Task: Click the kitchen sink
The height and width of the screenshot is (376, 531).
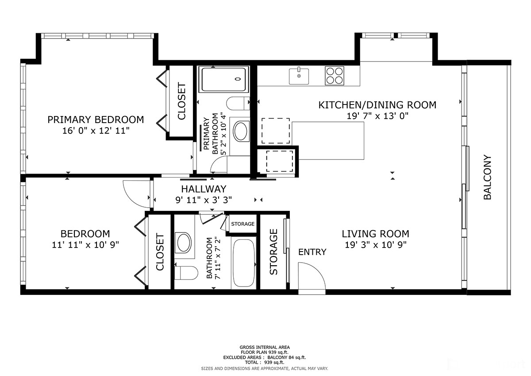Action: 299,76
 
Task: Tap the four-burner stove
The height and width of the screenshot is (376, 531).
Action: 334,76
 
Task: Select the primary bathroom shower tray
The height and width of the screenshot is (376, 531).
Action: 224,79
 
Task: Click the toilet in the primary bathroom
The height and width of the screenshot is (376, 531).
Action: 238,104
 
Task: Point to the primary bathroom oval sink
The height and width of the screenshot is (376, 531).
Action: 241,131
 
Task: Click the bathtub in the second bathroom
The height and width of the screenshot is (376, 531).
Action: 244,263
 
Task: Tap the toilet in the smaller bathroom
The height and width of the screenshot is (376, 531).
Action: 186,273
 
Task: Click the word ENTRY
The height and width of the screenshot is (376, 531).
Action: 312,252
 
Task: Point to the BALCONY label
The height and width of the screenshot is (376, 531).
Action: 487,177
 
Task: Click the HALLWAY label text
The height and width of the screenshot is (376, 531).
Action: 204,189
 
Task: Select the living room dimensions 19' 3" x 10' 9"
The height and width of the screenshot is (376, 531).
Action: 376,244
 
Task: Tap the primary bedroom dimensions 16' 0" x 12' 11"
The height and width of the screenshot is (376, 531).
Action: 96,131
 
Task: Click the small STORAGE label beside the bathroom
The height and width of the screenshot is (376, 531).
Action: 243,224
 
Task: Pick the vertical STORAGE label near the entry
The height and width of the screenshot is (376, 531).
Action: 273,252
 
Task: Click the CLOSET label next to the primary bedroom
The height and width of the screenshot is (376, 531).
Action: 181,101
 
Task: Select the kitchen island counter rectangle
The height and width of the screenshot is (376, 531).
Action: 328,141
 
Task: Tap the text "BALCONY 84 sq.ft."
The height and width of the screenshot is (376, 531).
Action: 287,357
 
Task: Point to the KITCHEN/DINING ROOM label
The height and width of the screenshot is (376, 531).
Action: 377,105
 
